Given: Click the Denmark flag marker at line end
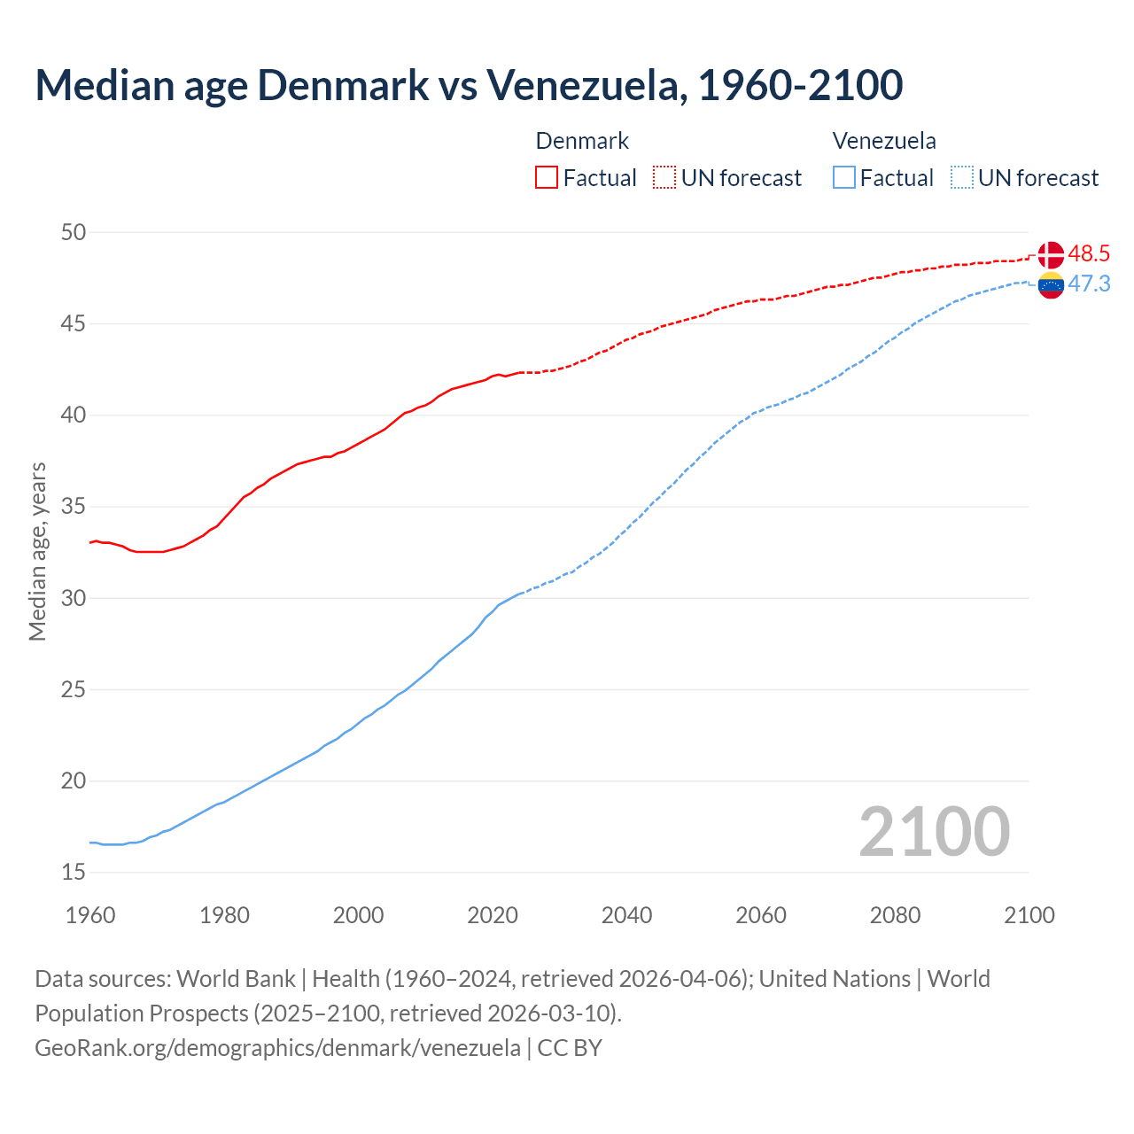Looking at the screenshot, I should pyautogui.click(x=1051, y=255).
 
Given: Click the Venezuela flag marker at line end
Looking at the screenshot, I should pyautogui.click(x=1051, y=284).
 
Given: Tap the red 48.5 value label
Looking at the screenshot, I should pyautogui.click(x=1089, y=254).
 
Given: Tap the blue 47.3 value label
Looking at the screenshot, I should pyautogui.click(x=1089, y=283).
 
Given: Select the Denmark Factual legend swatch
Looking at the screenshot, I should pyautogui.click(x=547, y=178).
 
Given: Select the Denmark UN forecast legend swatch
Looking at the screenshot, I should pyautogui.click(x=664, y=178).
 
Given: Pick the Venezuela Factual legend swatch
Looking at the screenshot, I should pyautogui.click(x=844, y=178).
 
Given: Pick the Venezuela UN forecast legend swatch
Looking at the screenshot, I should pyautogui.click(x=961, y=178).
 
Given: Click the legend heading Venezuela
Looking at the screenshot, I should pyautogui.click(x=884, y=141).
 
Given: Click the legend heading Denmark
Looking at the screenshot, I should pyautogui.click(x=582, y=141).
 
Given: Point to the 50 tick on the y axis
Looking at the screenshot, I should pyautogui.click(x=74, y=232).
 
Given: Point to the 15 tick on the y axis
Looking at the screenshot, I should pyautogui.click(x=74, y=873).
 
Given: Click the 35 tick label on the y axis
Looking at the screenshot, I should pyautogui.click(x=74, y=507).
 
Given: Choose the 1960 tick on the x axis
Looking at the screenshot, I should pyautogui.click(x=90, y=915).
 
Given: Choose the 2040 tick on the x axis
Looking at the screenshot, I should pyautogui.click(x=626, y=915).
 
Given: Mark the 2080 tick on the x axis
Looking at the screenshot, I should pyautogui.click(x=895, y=915).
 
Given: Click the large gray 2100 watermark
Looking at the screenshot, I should pyautogui.click(x=934, y=831).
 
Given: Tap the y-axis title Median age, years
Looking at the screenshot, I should pyautogui.click(x=37, y=551).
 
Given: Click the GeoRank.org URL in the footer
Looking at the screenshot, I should pyautogui.click(x=277, y=1048).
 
